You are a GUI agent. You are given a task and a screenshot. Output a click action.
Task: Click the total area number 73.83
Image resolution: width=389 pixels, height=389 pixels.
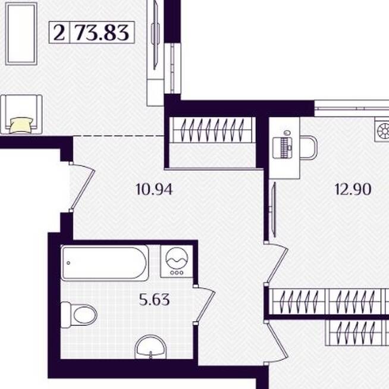(102, 33)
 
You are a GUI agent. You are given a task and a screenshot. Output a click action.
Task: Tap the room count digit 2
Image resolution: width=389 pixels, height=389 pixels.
(59, 33)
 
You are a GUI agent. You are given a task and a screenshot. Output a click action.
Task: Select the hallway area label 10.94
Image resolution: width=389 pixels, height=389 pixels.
(154, 190)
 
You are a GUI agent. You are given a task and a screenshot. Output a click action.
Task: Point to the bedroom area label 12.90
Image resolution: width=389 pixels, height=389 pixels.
(353, 189)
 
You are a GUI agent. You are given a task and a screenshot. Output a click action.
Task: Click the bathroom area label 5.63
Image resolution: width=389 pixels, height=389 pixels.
(154, 299)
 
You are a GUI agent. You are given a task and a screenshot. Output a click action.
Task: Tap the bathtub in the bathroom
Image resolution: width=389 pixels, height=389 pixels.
(105, 263)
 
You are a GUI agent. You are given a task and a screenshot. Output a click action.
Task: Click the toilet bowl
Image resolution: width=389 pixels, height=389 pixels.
(79, 315)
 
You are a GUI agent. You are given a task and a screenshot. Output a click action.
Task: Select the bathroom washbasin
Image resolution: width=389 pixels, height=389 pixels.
(150, 347)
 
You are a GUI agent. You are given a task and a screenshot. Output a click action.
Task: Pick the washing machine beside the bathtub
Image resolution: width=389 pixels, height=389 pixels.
(177, 261)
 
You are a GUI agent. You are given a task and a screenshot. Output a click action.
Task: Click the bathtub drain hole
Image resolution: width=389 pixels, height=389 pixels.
(68, 263)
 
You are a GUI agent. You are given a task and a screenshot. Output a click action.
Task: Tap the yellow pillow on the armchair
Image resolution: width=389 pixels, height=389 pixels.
(21, 126)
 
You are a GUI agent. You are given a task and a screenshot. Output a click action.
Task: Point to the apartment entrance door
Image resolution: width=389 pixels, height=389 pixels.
(82, 187)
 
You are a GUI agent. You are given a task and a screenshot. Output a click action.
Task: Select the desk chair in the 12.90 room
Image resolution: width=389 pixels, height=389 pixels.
(309, 148)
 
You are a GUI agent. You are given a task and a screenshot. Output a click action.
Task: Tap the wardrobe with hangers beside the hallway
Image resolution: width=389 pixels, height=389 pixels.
(212, 130)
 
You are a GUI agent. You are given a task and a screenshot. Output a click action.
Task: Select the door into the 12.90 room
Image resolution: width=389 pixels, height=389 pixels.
(277, 263)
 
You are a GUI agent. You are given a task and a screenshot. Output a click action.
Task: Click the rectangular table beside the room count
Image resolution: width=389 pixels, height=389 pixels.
(21, 34)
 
